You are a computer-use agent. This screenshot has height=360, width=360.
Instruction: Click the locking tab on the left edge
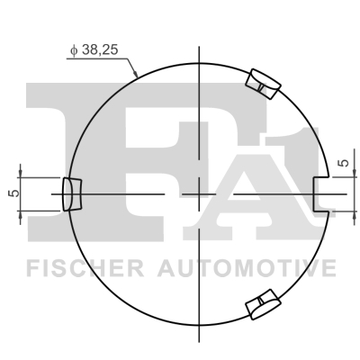[70, 193]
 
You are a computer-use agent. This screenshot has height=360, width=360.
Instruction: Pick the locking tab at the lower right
[262, 305]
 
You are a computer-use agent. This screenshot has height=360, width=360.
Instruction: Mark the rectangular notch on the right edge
[319, 193]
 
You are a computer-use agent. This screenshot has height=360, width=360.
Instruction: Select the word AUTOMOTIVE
[247, 268]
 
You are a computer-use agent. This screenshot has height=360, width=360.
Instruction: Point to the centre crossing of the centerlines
[196, 193]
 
